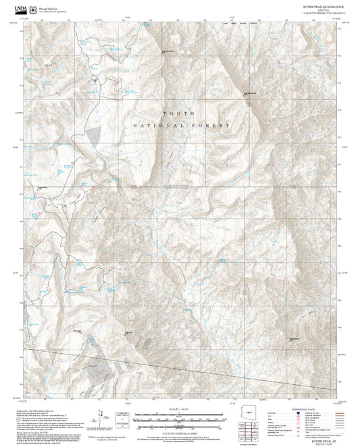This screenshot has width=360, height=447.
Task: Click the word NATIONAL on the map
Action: (x=157, y=126)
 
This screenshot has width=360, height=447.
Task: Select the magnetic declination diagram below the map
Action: (x=101, y=417)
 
